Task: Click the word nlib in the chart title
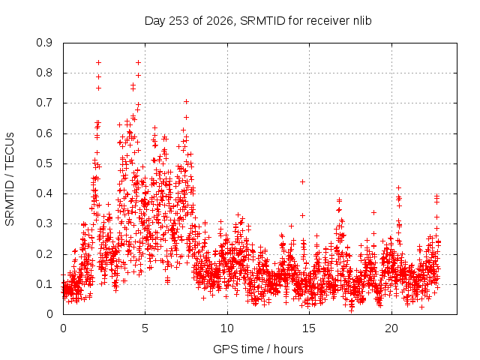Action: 362,21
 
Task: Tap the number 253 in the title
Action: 179,21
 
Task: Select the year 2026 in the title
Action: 220,21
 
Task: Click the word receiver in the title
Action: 328,21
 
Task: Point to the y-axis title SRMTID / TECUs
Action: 10,179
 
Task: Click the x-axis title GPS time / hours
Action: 258,349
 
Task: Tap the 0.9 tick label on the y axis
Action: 44,43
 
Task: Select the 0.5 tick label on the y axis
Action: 44,163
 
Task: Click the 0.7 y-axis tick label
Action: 44,103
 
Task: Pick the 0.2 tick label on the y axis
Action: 44,254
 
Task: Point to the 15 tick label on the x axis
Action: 309,328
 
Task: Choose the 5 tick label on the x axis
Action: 145,328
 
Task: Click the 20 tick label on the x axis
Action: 391,328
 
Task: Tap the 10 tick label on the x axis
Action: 227,328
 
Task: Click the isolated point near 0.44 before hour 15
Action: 302,181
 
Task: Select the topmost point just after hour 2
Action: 98,63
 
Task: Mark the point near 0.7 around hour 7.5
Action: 186,102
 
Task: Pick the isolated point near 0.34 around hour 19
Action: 373,212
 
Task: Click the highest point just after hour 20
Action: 398,187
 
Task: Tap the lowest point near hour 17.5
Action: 351,310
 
